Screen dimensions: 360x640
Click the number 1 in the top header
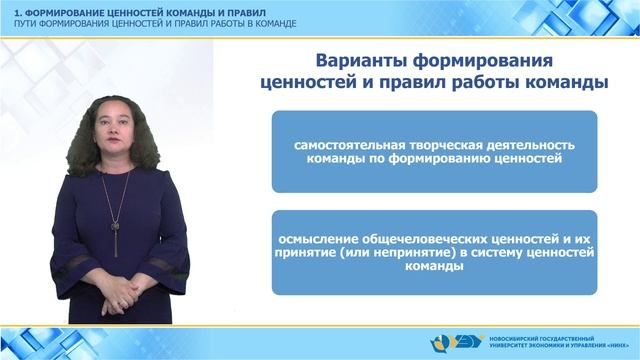coord(5,8)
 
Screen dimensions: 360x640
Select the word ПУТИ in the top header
coord(17,19)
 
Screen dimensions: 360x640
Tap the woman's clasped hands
coord(120,297)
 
